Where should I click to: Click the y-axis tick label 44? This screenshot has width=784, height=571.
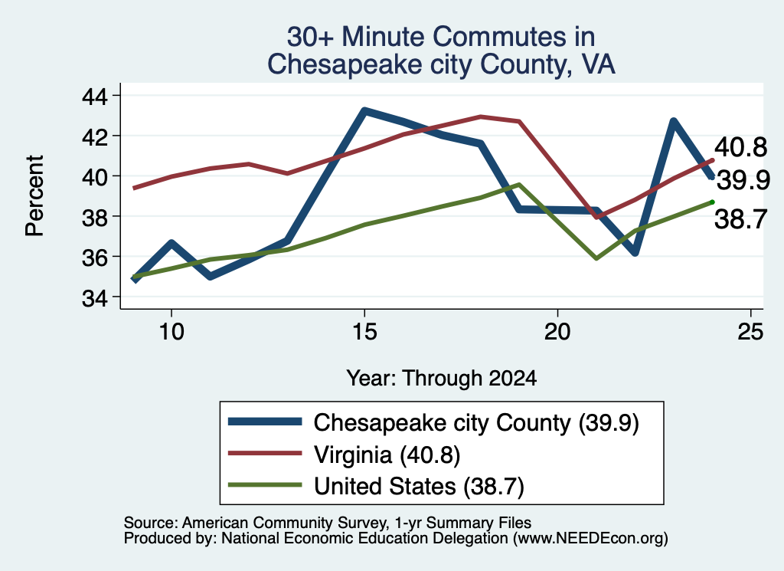94,96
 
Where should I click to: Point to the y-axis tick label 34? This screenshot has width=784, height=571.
94,297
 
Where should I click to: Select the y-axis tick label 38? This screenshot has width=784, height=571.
94,217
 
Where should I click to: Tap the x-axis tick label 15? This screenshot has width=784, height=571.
364,331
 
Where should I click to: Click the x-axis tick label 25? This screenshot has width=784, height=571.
750,331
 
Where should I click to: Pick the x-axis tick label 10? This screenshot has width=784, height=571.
171,331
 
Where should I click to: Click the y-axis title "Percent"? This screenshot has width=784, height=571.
34,195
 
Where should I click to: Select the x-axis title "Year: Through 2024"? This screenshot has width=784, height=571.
442,379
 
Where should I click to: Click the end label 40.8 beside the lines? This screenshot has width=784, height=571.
740,148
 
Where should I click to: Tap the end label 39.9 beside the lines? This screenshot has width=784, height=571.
743,180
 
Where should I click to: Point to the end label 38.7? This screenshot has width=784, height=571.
740,219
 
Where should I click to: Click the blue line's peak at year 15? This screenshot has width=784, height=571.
364,110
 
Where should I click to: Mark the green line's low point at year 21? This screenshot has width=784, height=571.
596,258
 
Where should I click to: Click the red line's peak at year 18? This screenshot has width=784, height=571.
480,116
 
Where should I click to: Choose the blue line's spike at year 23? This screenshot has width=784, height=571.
673,121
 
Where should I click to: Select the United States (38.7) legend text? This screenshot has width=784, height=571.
419,486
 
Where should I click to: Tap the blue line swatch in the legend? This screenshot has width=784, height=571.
265,422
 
